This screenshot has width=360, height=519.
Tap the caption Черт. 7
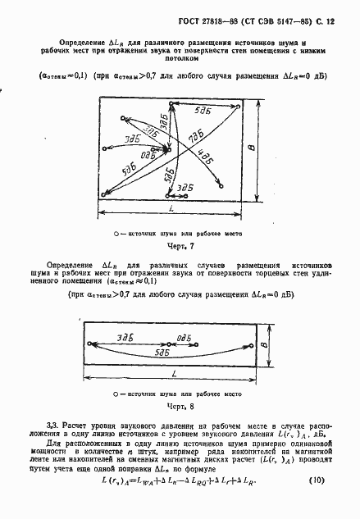[x=177, y=246]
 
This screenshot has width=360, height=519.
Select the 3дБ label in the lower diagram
[x=125, y=337]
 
